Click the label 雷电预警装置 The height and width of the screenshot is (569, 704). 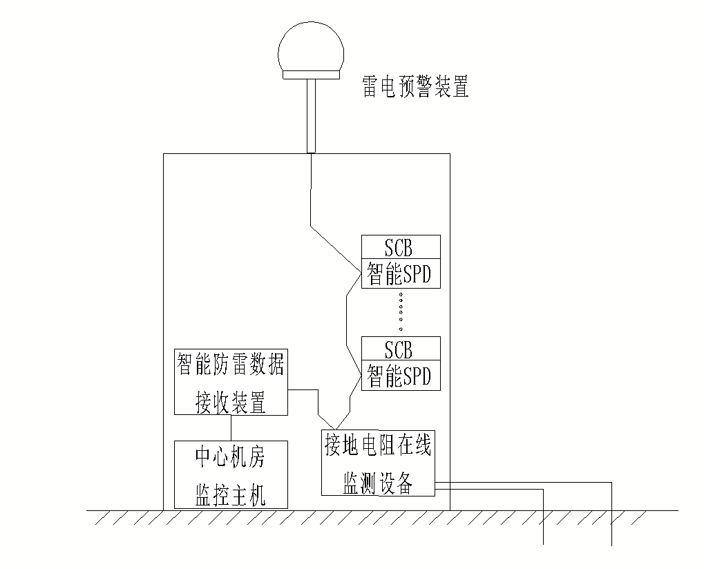click(x=416, y=87)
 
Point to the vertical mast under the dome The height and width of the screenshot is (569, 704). click(x=311, y=114)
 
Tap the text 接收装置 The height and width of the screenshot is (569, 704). click(x=230, y=403)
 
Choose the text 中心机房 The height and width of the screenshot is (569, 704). click(x=230, y=456)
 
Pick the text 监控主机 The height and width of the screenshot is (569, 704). click(x=230, y=494)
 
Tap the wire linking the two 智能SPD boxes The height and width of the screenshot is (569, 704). click(x=346, y=325)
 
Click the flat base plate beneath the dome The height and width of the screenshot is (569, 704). click(x=311, y=74)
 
